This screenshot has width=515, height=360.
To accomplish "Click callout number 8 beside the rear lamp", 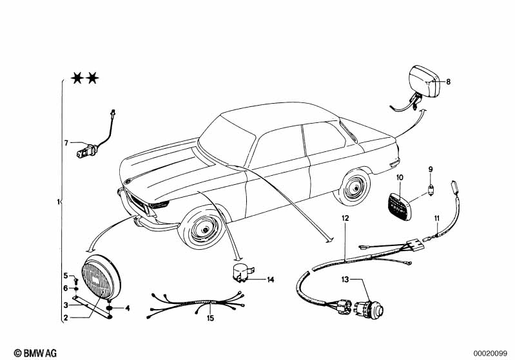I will [449, 82].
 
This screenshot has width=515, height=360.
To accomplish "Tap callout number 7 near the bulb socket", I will [66, 142].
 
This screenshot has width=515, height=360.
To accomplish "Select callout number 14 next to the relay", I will [270, 279].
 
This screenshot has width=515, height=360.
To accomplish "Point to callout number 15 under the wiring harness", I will [209, 318].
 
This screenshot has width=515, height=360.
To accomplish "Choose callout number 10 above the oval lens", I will [400, 176].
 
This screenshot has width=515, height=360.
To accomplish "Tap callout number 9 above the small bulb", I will [431, 169].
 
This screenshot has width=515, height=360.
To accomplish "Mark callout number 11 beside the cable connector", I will [436, 218].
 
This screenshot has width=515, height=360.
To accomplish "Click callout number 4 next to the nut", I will [127, 308].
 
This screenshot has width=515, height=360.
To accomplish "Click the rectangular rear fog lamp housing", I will [425, 81].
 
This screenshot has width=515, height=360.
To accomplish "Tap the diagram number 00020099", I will [492, 353].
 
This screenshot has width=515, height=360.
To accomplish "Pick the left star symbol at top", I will [77, 79].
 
